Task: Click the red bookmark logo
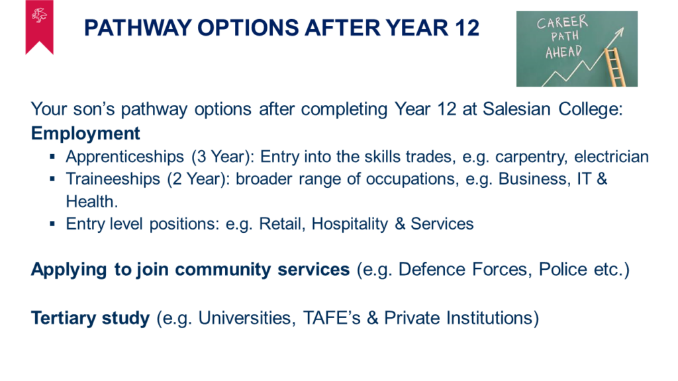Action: [x=39, y=26]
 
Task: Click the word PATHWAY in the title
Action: [x=138, y=28]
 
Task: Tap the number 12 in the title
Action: [x=467, y=28]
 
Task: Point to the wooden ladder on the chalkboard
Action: [x=615, y=67]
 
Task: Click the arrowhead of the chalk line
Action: [x=620, y=32]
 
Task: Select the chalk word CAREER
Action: [x=562, y=22]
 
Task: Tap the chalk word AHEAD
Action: [x=563, y=52]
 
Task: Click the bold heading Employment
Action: [x=85, y=134]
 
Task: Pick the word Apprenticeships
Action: [x=125, y=157]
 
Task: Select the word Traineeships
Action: [x=113, y=179]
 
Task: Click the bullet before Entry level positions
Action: [x=52, y=224]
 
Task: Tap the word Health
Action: [x=91, y=201]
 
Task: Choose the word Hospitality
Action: [x=350, y=224]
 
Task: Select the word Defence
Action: [x=432, y=270]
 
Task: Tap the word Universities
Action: [x=247, y=318]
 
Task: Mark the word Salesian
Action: [x=516, y=109]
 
